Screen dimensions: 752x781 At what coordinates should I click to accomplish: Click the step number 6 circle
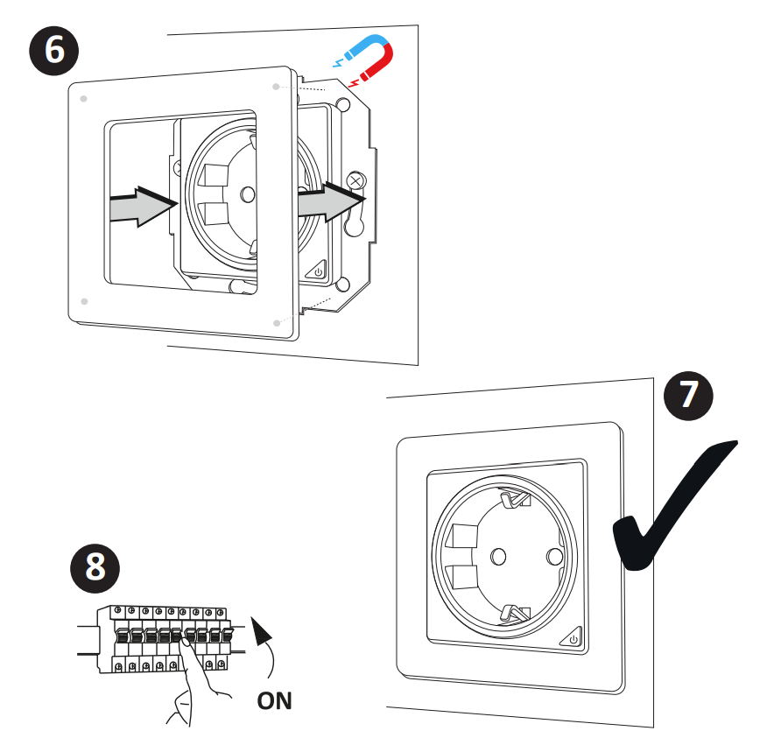point(54,51)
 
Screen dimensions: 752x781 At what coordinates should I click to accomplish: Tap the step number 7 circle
point(689,395)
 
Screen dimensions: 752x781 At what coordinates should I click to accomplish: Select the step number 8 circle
point(95,566)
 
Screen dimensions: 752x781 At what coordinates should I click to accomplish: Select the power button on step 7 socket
point(573,640)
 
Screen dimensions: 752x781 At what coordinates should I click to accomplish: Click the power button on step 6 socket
point(317,272)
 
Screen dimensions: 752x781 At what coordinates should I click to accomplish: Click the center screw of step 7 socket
point(499,555)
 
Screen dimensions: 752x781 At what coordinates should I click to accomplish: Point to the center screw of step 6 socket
point(247,193)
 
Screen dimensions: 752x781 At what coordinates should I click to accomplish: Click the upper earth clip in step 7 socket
point(515,499)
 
